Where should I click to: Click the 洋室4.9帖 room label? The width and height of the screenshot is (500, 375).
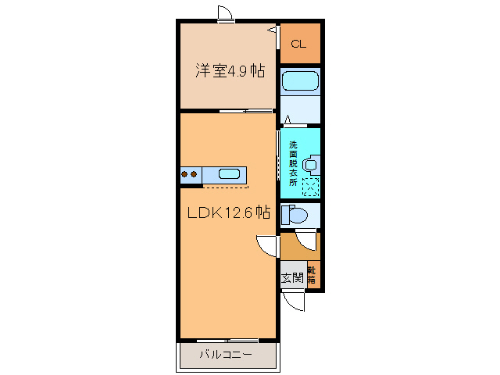click(229, 71)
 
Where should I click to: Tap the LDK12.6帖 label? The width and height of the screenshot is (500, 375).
click(227, 212)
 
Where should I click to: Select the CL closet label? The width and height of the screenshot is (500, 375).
click(298, 44)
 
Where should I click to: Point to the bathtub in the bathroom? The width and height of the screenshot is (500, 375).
click(300, 81)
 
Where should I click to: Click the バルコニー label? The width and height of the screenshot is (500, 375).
click(225, 355)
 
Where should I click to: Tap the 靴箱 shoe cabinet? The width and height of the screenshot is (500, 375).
click(312, 274)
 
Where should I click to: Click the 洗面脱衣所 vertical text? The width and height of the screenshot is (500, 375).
click(293, 162)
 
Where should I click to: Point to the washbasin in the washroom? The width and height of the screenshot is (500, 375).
click(310, 165)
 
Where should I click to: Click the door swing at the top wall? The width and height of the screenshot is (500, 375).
click(224, 13)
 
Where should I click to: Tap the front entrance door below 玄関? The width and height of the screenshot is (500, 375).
click(294, 301)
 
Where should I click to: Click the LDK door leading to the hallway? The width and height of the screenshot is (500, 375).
click(268, 245)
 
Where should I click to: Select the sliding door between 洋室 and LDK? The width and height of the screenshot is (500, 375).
click(245, 112)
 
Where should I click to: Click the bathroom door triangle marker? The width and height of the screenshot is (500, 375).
click(287, 120)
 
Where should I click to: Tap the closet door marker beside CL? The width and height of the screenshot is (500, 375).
click(273, 30)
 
